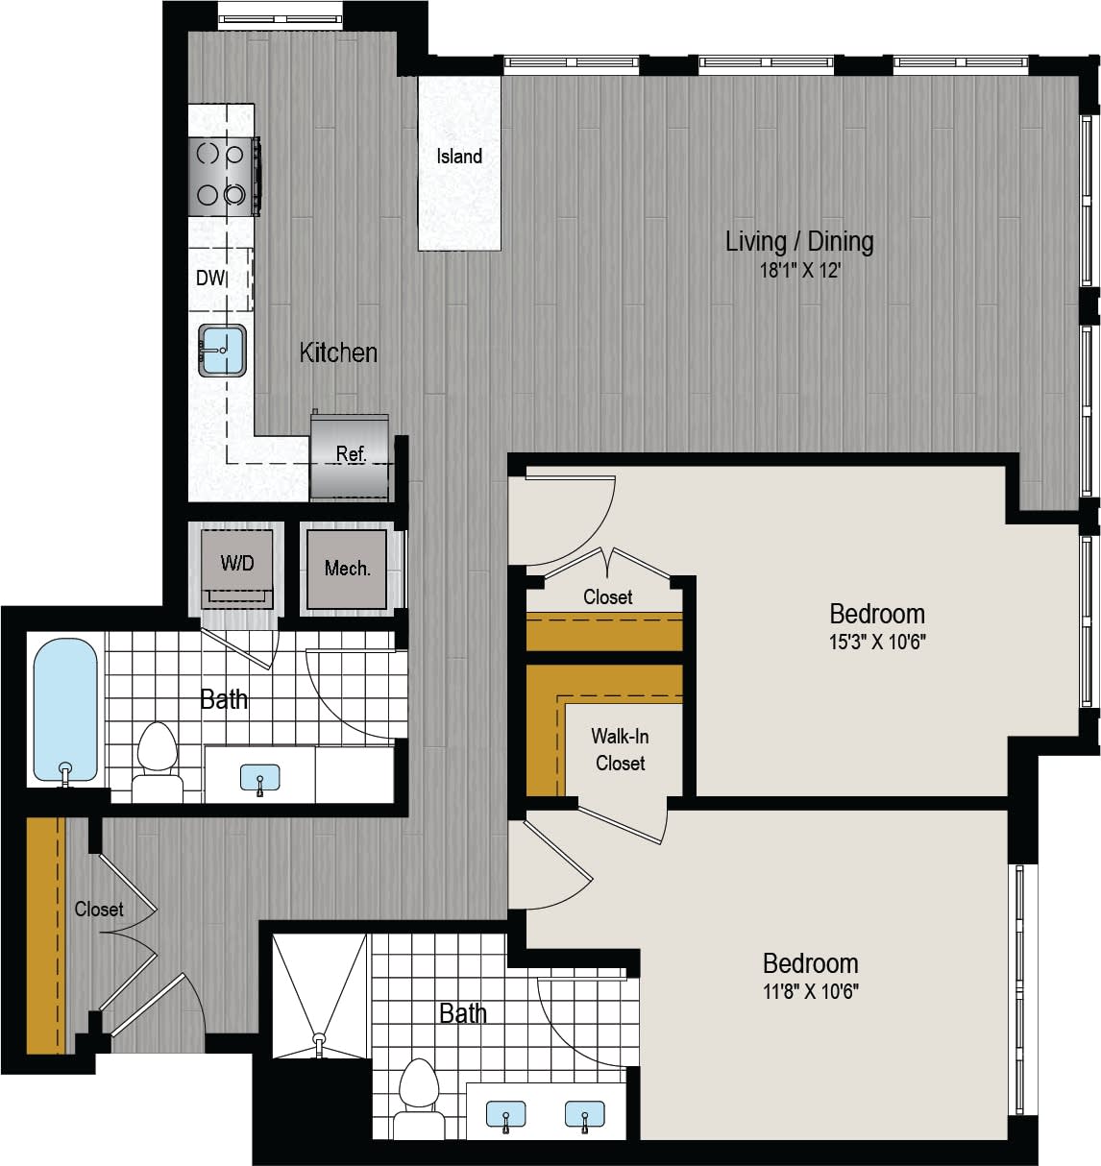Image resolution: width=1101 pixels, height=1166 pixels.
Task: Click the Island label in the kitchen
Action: tap(459, 157)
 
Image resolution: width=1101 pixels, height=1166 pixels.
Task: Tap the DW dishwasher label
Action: tap(210, 279)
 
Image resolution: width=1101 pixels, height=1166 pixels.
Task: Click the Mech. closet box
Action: tap(347, 569)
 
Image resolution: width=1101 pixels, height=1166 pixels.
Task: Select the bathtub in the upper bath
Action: tap(65, 711)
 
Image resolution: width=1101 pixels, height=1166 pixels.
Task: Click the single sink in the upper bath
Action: tap(259, 777)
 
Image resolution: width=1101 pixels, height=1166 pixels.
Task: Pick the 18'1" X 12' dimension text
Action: tap(800, 272)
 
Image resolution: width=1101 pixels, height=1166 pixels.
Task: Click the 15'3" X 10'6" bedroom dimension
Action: tap(877, 643)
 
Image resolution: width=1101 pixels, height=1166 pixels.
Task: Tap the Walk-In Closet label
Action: tap(620, 750)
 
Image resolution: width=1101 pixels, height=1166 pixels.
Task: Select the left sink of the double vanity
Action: tap(505, 1116)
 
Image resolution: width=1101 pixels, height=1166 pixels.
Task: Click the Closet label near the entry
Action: tap(99, 909)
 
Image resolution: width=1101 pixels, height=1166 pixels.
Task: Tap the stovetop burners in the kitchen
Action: tap(222, 174)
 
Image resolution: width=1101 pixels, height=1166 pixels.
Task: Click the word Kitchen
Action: tap(338, 352)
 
